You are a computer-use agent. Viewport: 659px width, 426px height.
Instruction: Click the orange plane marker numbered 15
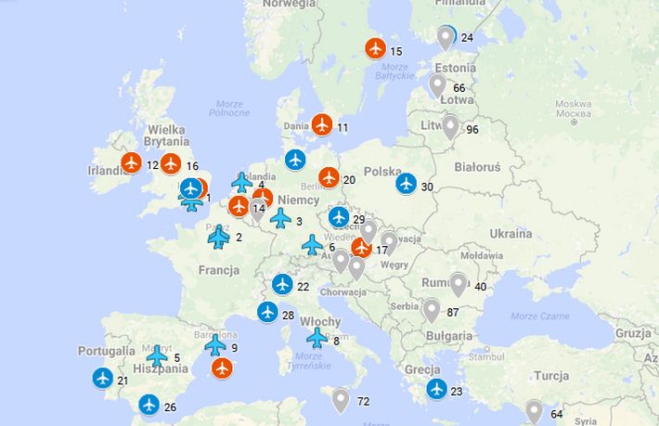pos(375,48)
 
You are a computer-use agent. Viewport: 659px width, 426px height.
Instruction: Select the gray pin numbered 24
pos(446,37)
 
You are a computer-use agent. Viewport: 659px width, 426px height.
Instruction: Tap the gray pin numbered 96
pos(450,126)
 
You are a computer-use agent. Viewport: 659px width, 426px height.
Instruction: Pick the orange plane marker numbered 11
pos(322,124)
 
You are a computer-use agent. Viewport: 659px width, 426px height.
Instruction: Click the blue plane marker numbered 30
pos(406,184)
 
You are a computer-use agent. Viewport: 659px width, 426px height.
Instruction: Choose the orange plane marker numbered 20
pos(329,177)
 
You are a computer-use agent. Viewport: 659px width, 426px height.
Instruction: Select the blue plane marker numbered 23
pos(436,389)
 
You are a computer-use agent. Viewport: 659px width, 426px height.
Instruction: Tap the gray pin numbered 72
pos(341,400)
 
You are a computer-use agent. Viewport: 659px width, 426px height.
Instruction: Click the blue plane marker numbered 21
pos(103,378)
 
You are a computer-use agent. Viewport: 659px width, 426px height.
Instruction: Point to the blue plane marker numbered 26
pos(149,405)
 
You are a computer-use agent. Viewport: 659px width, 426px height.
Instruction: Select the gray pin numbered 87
pos(431,310)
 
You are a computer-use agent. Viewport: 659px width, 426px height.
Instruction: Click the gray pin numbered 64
pos(534,411)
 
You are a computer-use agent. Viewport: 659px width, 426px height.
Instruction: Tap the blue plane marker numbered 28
pos(267,313)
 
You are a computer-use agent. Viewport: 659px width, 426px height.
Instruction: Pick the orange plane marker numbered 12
pos(131,163)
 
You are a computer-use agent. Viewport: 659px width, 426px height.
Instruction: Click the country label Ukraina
pos(510,233)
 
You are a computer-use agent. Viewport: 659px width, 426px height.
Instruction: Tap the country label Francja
pos(218,270)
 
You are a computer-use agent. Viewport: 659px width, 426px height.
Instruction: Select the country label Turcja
pos(551,376)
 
